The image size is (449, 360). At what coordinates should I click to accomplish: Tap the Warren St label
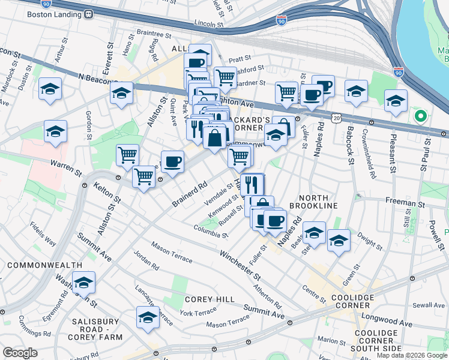(x=66, y=164)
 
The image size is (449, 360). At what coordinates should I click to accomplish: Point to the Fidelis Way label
(x=43, y=235)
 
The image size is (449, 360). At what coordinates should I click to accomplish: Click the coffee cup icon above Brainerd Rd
(x=172, y=162)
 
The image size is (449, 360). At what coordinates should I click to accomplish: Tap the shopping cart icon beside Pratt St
(x=224, y=77)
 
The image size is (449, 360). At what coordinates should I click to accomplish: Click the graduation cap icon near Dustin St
(x=50, y=89)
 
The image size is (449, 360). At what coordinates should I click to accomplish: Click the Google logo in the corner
(x=20, y=353)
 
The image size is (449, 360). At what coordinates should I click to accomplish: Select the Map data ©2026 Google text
(x=411, y=355)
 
